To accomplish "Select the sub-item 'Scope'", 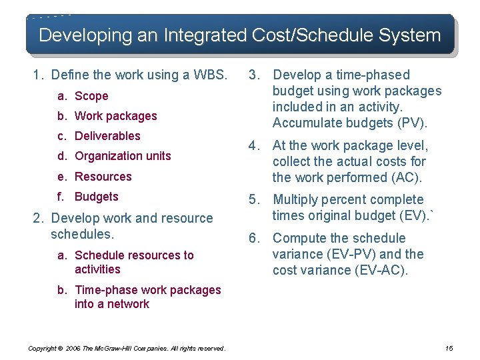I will (x=91, y=96).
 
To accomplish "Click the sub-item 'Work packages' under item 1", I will (x=116, y=116).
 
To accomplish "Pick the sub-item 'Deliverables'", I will (x=107, y=136).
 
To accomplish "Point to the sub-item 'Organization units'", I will (x=123, y=156).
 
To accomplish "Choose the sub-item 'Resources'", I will (x=103, y=177).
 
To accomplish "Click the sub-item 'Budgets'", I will (x=97, y=197).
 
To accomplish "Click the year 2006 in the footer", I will (x=73, y=348).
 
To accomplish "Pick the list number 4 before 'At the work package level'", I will (x=253, y=145).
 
